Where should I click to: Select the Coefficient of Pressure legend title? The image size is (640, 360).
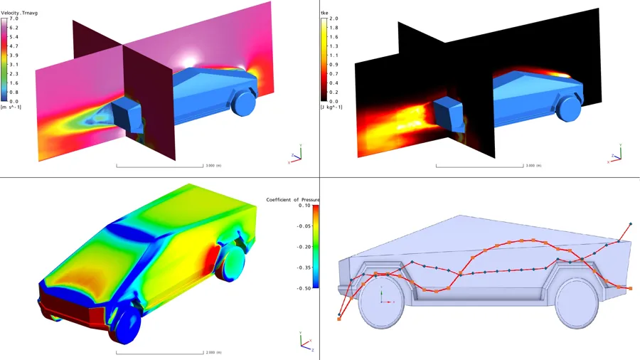click(293, 200)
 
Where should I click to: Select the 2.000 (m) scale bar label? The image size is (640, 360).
click(213, 352)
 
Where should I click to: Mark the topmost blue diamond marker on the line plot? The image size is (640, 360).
click(630, 225)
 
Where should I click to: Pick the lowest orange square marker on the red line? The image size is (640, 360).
click(339, 319)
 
